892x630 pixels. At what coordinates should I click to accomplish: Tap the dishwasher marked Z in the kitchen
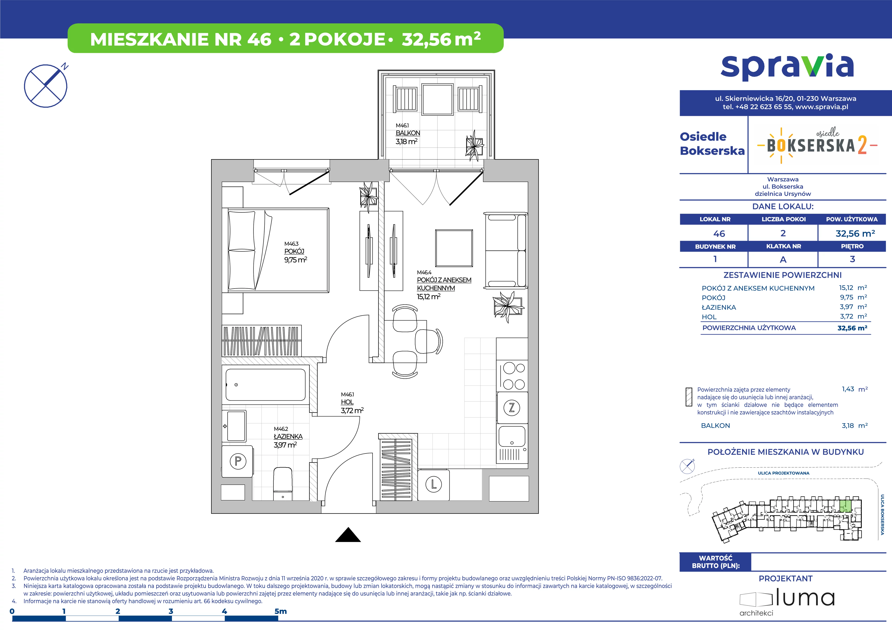512,407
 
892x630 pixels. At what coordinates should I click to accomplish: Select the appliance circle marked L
433,485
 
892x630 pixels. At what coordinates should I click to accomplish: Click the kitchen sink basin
512,436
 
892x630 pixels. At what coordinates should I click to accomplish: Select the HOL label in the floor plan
347,402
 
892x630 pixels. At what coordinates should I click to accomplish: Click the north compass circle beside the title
46,86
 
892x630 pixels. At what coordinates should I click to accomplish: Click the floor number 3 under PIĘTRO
852,259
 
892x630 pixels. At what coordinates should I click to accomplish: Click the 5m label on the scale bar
281,611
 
